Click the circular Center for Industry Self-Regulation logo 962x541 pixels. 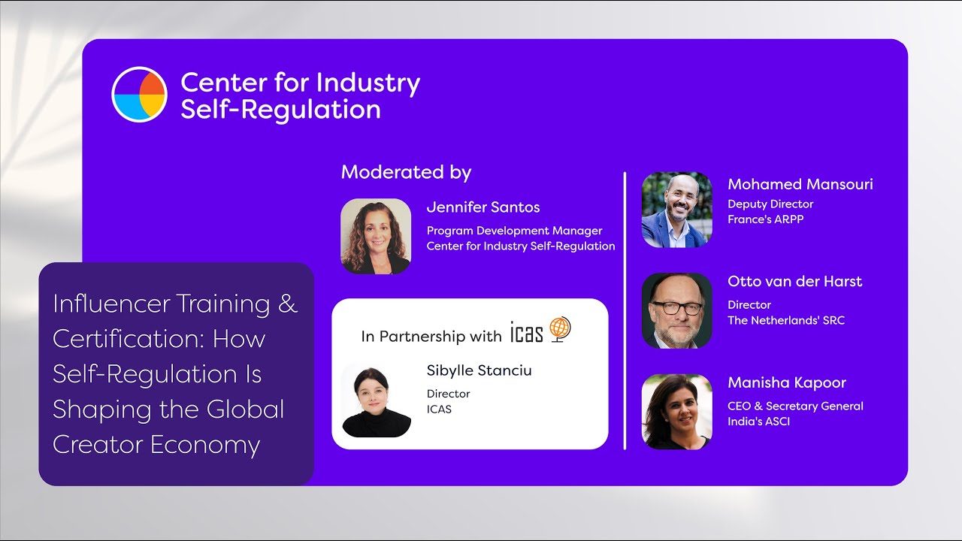[x=139, y=94]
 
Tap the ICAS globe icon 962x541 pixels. [x=560, y=329]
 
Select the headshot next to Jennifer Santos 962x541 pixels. [x=376, y=236]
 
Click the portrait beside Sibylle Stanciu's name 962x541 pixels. [x=377, y=401]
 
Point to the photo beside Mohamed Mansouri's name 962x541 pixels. [x=676, y=210]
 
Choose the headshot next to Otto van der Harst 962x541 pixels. [x=676, y=310]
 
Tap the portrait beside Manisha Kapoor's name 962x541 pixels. [x=676, y=412]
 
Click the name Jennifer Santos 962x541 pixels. [x=483, y=207]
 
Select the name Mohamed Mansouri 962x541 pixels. [x=800, y=184]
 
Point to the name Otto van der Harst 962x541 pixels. [x=795, y=282]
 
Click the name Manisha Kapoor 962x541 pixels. [x=787, y=382]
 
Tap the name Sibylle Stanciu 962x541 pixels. [x=479, y=370]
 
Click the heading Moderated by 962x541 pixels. [x=406, y=172]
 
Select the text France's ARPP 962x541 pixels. [x=766, y=219]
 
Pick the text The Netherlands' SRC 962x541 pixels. [x=786, y=320]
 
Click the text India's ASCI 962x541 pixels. [x=759, y=422]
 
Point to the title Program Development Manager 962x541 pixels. [x=514, y=231]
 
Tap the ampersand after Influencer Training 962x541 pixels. [x=288, y=304]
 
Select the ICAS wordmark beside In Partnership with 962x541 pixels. [x=526, y=332]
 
